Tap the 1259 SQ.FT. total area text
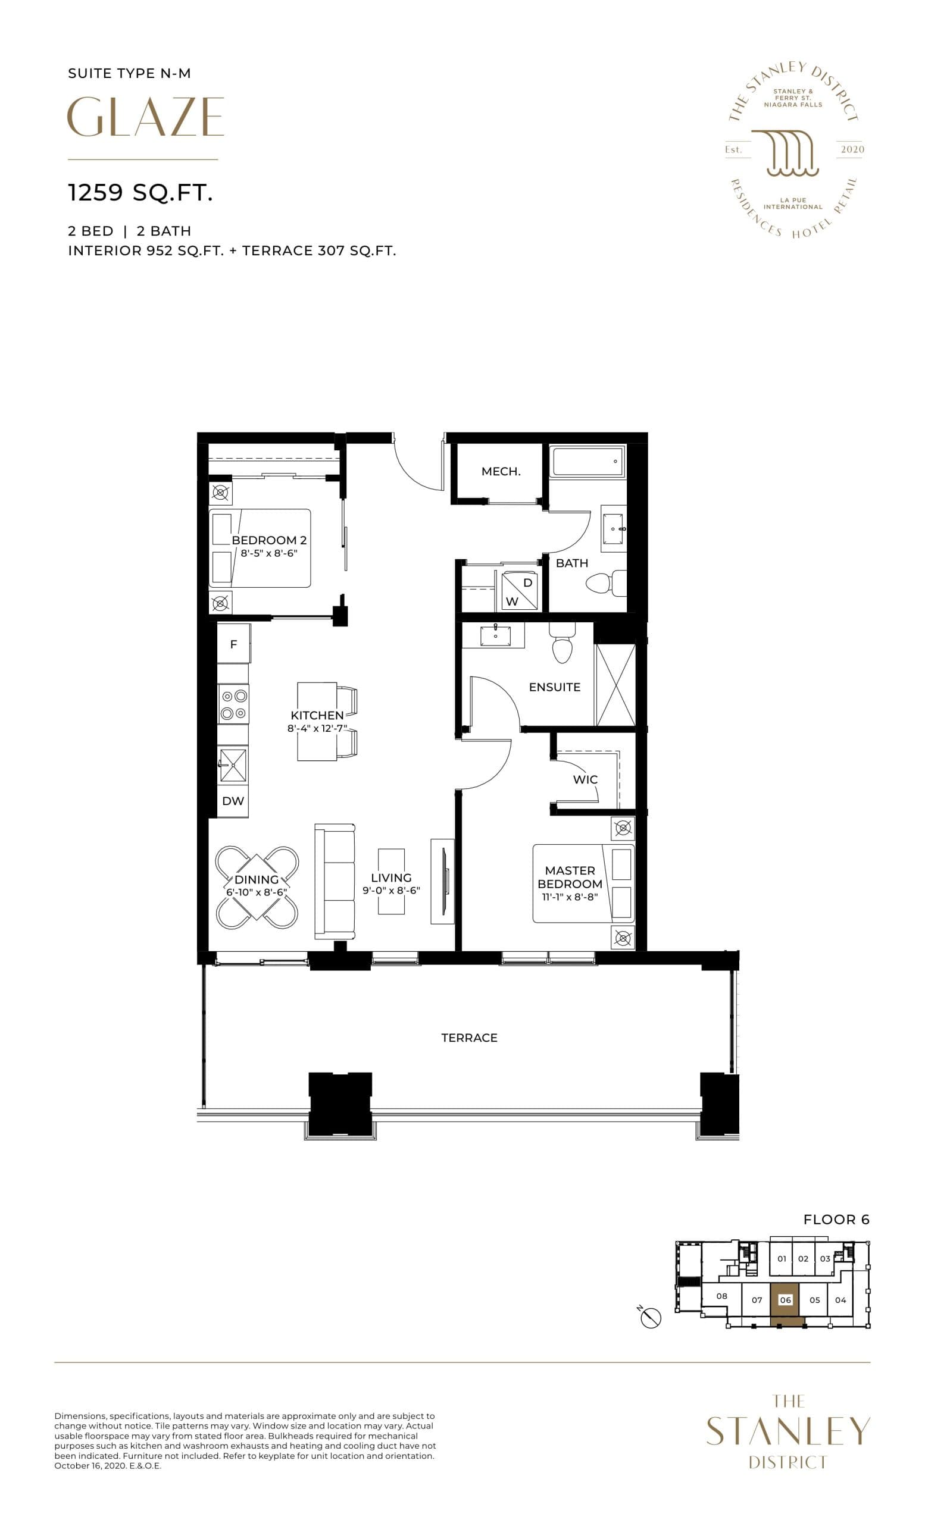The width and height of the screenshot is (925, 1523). click(x=140, y=193)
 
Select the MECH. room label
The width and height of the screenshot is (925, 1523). click(x=501, y=472)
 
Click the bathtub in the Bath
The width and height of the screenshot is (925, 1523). click(x=587, y=462)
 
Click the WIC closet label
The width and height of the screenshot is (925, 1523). click(x=585, y=779)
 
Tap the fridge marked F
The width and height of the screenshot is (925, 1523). click(x=234, y=644)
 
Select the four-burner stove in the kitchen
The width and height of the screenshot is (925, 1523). click(x=234, y=704)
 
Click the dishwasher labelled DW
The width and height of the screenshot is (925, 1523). click(x=233, y=801)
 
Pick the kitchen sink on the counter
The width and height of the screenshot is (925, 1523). click(x=233, y=764)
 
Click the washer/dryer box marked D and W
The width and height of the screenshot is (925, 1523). click(x=520, y=591)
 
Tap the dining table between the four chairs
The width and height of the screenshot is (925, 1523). click(x=257, y=887)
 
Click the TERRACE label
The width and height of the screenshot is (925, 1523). click(x=469, y=1038)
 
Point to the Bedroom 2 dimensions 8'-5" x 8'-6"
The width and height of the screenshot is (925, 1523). click(x=269, y=553)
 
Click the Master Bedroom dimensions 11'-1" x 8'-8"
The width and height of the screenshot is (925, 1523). click(x=570, y=897)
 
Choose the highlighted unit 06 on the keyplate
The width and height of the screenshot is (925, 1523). click(x=785, y=1300)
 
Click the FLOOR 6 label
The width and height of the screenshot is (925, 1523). click(x=836, y=1220)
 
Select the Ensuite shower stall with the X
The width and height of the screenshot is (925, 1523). click(x=615, y=685)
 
